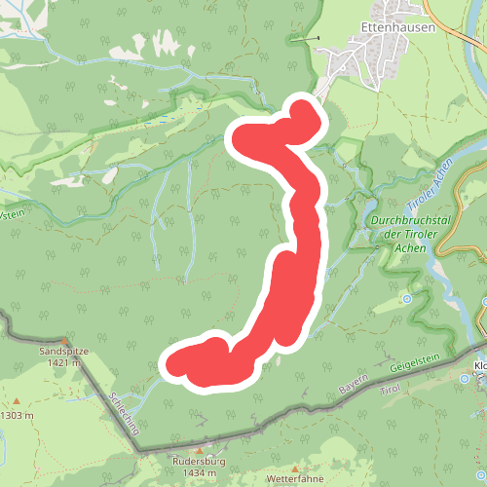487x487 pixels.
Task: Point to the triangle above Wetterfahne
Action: coord(293,468)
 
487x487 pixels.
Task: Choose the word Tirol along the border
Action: coord(390,389)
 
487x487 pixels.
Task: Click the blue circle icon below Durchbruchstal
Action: coord(406,297)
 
